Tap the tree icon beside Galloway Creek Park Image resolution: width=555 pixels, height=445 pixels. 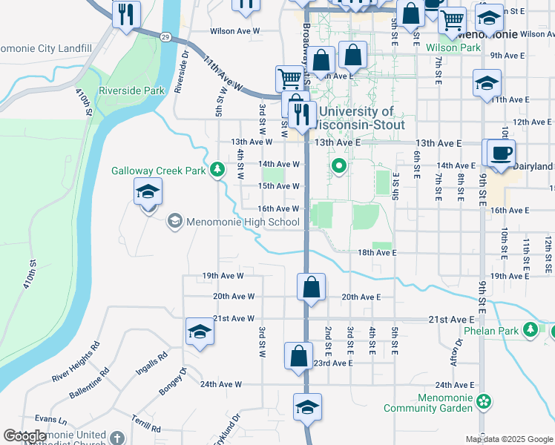point(217,171)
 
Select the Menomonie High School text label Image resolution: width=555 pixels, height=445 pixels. point(233,221)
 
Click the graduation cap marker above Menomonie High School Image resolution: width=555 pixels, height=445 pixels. point(148,194)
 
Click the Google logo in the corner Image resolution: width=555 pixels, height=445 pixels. point(25,437)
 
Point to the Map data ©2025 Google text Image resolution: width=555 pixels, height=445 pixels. point(509,439)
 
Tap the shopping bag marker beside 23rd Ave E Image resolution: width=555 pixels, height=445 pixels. point(298,356)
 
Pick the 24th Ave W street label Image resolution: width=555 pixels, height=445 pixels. point(221,384)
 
